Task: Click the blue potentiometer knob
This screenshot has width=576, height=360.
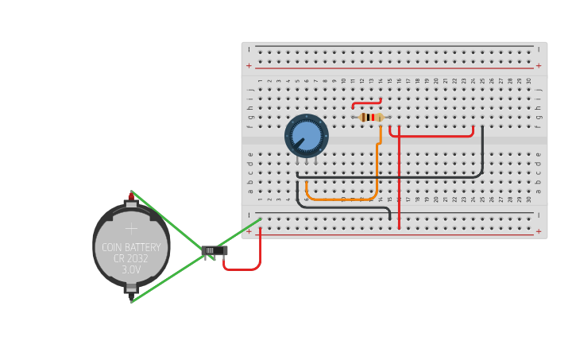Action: pos(307,135)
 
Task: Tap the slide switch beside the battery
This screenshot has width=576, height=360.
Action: pos(215,250)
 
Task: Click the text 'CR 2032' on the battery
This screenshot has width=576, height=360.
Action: pos(131,258)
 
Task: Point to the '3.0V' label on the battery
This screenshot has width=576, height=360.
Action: pos(131,270)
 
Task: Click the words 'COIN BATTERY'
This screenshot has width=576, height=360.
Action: pos(131,247)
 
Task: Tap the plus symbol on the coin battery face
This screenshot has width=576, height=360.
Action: pos(131,228)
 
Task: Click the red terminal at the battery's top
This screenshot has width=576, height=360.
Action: pos(131,195)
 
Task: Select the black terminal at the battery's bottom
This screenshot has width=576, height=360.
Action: pos(131,296)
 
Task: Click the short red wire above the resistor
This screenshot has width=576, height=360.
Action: pos(366,102)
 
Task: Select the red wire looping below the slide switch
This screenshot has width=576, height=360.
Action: pos(242,269)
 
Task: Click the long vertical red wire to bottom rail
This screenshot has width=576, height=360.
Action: pos(399,183)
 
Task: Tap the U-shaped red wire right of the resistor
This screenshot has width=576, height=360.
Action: pos(433,136)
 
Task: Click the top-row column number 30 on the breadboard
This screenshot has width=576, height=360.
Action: pos(528,80)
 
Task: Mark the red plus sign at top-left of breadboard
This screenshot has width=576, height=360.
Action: pos(249,66)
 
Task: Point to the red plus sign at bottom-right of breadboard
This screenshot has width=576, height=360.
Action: pos(539,231)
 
